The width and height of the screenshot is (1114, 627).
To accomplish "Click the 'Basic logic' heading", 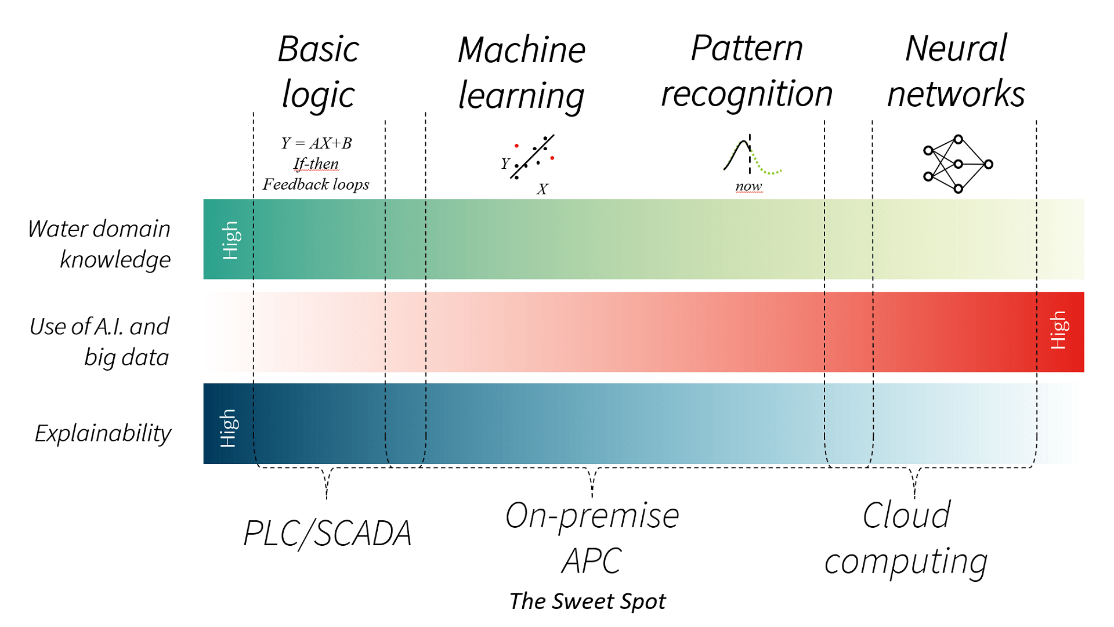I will (318, 71).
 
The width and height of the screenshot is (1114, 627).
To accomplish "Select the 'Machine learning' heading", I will (521, 73).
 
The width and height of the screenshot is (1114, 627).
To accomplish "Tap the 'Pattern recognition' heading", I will (747, 71).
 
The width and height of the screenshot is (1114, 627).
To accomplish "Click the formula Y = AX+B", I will (316, 143).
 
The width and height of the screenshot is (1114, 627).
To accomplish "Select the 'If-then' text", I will (316, 164).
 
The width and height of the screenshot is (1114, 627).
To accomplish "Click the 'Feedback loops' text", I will (316, 184).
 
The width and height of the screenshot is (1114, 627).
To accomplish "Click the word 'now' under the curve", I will (748, 187).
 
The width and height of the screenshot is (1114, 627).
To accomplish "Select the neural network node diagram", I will (957, 164).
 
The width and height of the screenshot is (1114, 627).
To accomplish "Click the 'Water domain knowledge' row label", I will (100, 244).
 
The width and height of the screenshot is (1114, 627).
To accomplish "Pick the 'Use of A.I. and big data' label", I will (100, 342).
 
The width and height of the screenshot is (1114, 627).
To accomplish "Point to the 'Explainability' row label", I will (103, 433).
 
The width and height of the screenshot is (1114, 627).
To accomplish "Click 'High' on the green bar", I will (230, 240).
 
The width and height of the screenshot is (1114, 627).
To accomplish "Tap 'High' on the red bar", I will (1058, 331).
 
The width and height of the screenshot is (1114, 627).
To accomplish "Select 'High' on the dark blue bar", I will (228, 428).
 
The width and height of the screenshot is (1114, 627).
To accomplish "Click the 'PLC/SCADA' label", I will (327, 533).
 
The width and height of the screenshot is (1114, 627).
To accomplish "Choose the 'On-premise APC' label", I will (592, 538).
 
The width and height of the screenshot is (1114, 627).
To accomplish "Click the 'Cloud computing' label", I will (906, 538).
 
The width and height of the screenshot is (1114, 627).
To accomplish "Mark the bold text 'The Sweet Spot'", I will (587, 601).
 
